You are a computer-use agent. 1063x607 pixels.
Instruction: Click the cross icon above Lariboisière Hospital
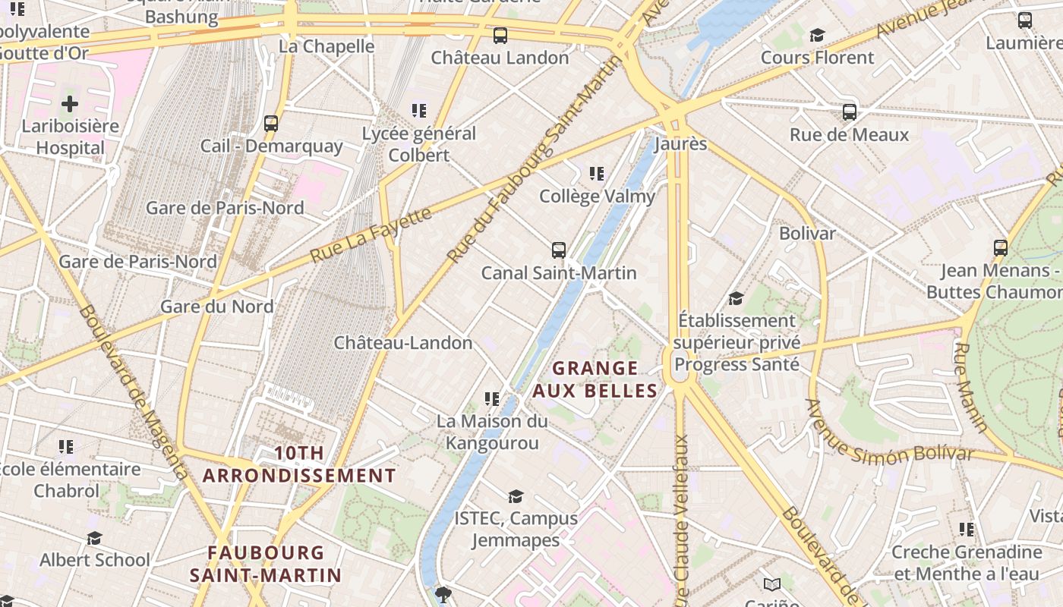70,104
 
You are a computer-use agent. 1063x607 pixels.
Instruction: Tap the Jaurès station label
680,144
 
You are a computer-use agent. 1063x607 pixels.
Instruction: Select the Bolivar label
807,233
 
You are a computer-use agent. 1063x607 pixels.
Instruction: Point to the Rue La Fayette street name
371,235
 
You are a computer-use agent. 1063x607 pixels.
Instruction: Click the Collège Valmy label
597,197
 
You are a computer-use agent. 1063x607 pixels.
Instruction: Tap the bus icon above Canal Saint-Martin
559,250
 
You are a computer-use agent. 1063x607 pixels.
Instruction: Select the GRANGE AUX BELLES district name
595,379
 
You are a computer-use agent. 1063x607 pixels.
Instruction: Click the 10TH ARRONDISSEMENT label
299,464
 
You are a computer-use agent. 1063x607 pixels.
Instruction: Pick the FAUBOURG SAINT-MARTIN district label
266,564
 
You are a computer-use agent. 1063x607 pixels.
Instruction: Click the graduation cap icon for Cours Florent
817,35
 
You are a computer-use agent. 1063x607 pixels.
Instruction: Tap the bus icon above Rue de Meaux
850,112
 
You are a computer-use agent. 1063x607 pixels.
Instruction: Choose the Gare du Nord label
216,307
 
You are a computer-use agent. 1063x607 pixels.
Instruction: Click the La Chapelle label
326,46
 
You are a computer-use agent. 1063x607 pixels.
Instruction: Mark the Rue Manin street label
971,388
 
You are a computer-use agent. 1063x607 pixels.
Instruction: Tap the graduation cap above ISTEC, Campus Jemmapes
516,496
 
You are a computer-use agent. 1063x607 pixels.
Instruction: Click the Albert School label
95,560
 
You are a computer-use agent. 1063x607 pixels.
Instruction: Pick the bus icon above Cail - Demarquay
271,123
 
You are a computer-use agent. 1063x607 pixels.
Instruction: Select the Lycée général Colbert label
419,144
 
